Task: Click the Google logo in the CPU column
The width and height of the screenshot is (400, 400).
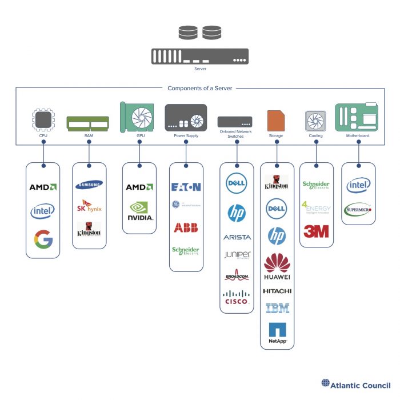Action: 43,238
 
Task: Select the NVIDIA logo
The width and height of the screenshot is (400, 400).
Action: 139,211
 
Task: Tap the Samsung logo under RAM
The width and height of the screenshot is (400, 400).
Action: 90,184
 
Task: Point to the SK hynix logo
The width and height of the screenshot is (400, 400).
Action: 90,207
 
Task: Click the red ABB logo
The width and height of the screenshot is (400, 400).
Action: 186,227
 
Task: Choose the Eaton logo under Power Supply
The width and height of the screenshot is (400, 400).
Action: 186,187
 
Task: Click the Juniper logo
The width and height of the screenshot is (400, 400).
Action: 236,255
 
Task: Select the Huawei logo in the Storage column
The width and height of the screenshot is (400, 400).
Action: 277,266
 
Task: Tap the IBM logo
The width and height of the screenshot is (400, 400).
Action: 277,308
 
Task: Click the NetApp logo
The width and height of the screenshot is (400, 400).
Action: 277,333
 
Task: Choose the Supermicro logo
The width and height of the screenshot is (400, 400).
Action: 358,210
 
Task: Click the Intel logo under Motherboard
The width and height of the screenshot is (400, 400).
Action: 358,185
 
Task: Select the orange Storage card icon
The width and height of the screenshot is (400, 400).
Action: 276,120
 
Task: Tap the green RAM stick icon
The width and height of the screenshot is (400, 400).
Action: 87,123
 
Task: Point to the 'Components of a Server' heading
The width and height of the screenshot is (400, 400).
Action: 200,89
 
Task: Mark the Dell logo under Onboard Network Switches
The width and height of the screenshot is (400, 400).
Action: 236,184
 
